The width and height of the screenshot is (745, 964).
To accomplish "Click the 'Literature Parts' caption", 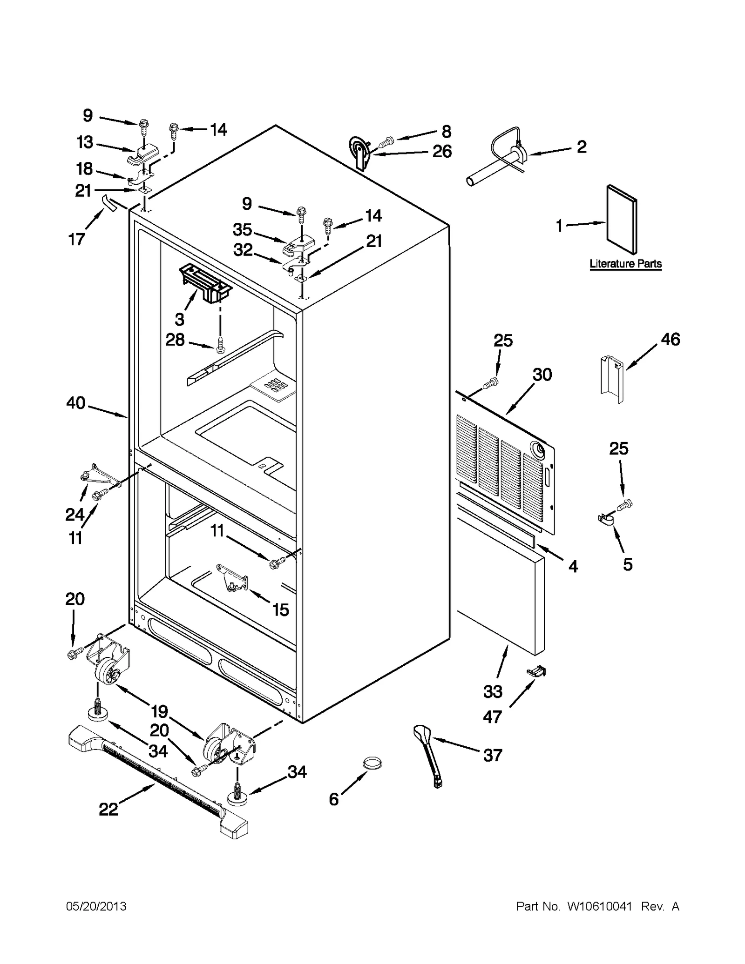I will click(x=625, y=264).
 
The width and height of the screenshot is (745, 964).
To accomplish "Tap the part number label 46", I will click(x=670, y=339).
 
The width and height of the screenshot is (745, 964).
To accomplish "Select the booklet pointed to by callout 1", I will click(x=622, y=220).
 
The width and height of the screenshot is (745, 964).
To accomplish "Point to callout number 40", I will click(x=76, y=402).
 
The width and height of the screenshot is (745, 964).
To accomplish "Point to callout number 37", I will click(x=493, y=755).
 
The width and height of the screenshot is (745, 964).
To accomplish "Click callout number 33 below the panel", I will click(x=493, y=691).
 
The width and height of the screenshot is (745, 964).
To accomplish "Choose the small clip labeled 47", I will click(x=535, y=670).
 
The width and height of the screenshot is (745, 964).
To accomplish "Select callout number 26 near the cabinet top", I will click(x=442, y=151).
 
